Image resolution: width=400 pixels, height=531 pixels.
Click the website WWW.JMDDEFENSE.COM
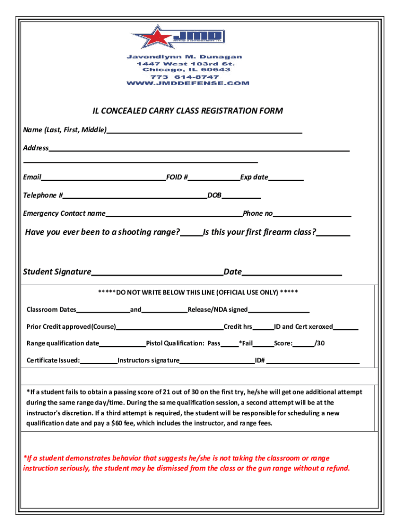pos(188,83)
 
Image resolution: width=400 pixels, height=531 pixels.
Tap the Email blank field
pos(103,178)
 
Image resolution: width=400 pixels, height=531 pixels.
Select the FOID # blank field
pos(214,178)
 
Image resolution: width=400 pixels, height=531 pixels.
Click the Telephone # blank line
pos(135,195)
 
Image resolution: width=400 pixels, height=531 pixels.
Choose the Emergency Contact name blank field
pos(174,214)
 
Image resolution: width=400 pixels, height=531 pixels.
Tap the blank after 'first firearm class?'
pos(333,233)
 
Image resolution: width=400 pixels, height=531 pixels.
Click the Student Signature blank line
pos(157,273)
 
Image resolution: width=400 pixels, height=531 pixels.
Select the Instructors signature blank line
pos(217,360)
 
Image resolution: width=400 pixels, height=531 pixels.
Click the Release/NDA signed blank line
pos(278,310)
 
